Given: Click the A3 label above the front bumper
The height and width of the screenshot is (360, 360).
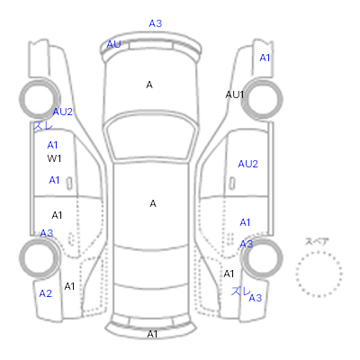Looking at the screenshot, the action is [x=156, y=23].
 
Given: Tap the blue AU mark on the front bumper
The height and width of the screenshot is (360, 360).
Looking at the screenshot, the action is [x=113, y=44].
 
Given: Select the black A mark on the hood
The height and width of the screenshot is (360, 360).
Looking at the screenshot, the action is [x=149, y=85].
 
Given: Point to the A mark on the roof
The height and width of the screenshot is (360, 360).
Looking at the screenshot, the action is [x=153, y=203].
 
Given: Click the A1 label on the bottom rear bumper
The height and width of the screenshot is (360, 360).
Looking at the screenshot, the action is [x=152, y=334].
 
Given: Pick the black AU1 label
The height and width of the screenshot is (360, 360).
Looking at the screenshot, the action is [x=235, y=94].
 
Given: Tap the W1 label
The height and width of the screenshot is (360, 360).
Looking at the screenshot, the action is [x=54, y=158].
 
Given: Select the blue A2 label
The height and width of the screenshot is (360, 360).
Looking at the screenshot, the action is [x=46, y=293].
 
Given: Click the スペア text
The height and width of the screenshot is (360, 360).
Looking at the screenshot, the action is [x=317, y=241].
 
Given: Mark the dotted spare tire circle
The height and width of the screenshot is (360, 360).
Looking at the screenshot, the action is [x=319, y=253].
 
